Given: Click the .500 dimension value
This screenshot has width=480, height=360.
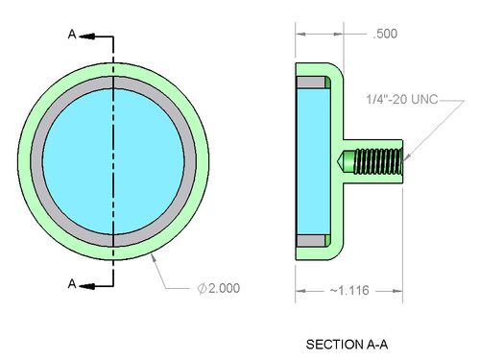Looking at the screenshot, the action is (385, 34).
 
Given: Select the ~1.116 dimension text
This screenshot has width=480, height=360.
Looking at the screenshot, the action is (349, 290).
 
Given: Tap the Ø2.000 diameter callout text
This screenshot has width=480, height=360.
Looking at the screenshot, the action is (219, 288).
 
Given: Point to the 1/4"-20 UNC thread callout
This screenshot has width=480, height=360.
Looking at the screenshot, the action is (402, 99).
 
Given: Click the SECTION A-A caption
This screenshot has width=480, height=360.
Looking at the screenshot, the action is (347, 345).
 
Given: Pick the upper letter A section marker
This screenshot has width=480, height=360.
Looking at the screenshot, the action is (72, 34).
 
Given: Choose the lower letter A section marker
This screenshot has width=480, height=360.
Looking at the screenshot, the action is (72, 283).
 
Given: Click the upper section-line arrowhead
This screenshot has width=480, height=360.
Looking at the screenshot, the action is (87, 36).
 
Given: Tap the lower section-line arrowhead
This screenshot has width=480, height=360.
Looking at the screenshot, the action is (87, 286).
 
